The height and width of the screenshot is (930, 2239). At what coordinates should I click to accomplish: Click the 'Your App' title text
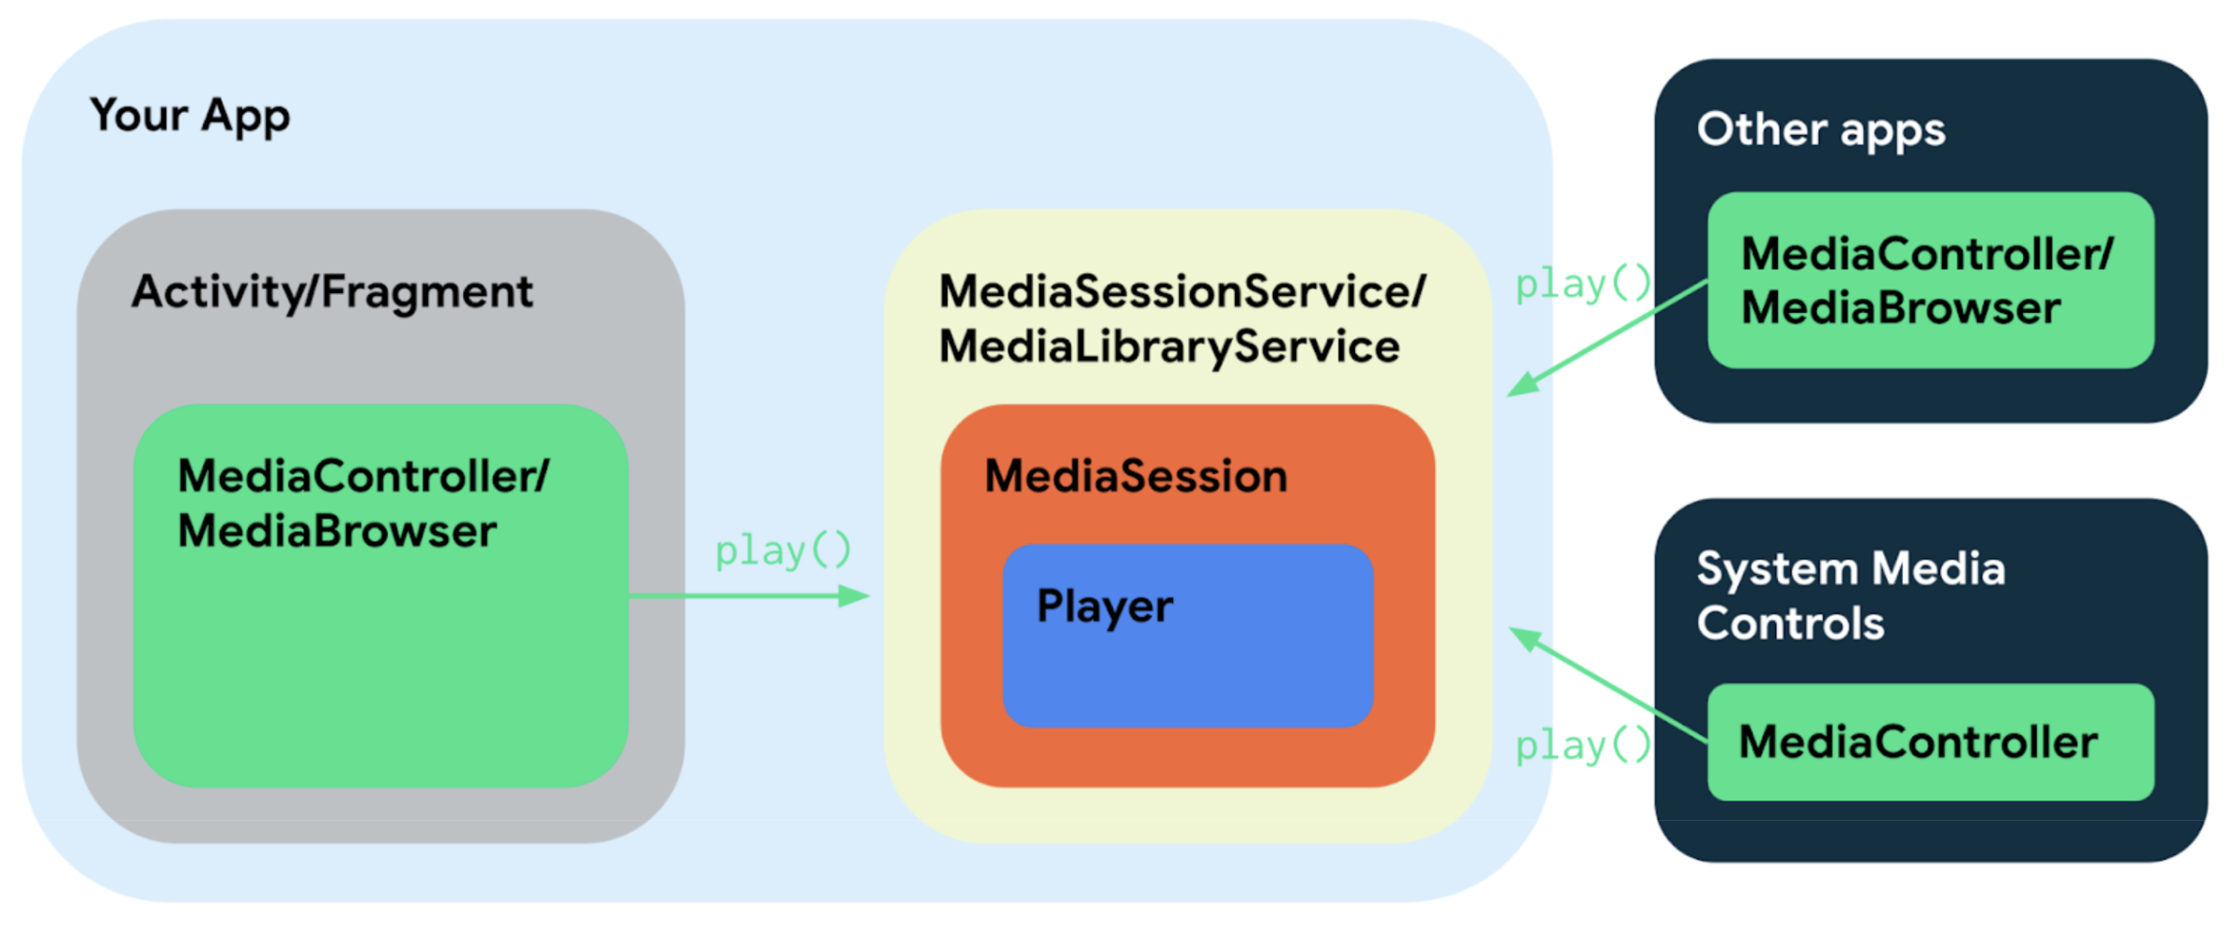coord(190,116)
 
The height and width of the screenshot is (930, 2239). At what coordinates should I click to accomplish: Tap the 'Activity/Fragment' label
coord(332,292)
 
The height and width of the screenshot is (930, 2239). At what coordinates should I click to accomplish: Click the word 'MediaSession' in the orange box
coord(1135,476)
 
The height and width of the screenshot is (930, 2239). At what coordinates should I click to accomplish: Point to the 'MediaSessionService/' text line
coord(1182,292)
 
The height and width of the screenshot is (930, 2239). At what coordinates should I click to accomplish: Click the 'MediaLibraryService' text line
coord(1169,347)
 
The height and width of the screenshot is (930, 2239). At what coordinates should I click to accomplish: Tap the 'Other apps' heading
coord(1820,130)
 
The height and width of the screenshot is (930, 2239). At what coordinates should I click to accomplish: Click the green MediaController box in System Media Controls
coord(1930,742)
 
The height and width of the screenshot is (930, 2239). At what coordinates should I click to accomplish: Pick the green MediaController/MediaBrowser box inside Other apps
coord(1930,280)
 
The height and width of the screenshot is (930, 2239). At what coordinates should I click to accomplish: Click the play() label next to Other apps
coord(1583,284)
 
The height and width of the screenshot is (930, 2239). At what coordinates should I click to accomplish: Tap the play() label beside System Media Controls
coord(1583,746)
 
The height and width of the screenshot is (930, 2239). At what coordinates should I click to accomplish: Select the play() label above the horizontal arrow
coord(783,550)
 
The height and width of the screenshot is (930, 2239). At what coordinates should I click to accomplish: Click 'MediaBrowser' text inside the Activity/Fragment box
coord(336,532)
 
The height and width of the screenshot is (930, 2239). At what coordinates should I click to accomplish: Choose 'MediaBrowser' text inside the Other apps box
coord(1900,308)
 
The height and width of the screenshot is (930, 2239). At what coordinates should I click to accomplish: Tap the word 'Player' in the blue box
coord(1104,607)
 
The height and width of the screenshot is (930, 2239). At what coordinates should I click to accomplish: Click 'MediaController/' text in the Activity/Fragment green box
coord(363,476)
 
